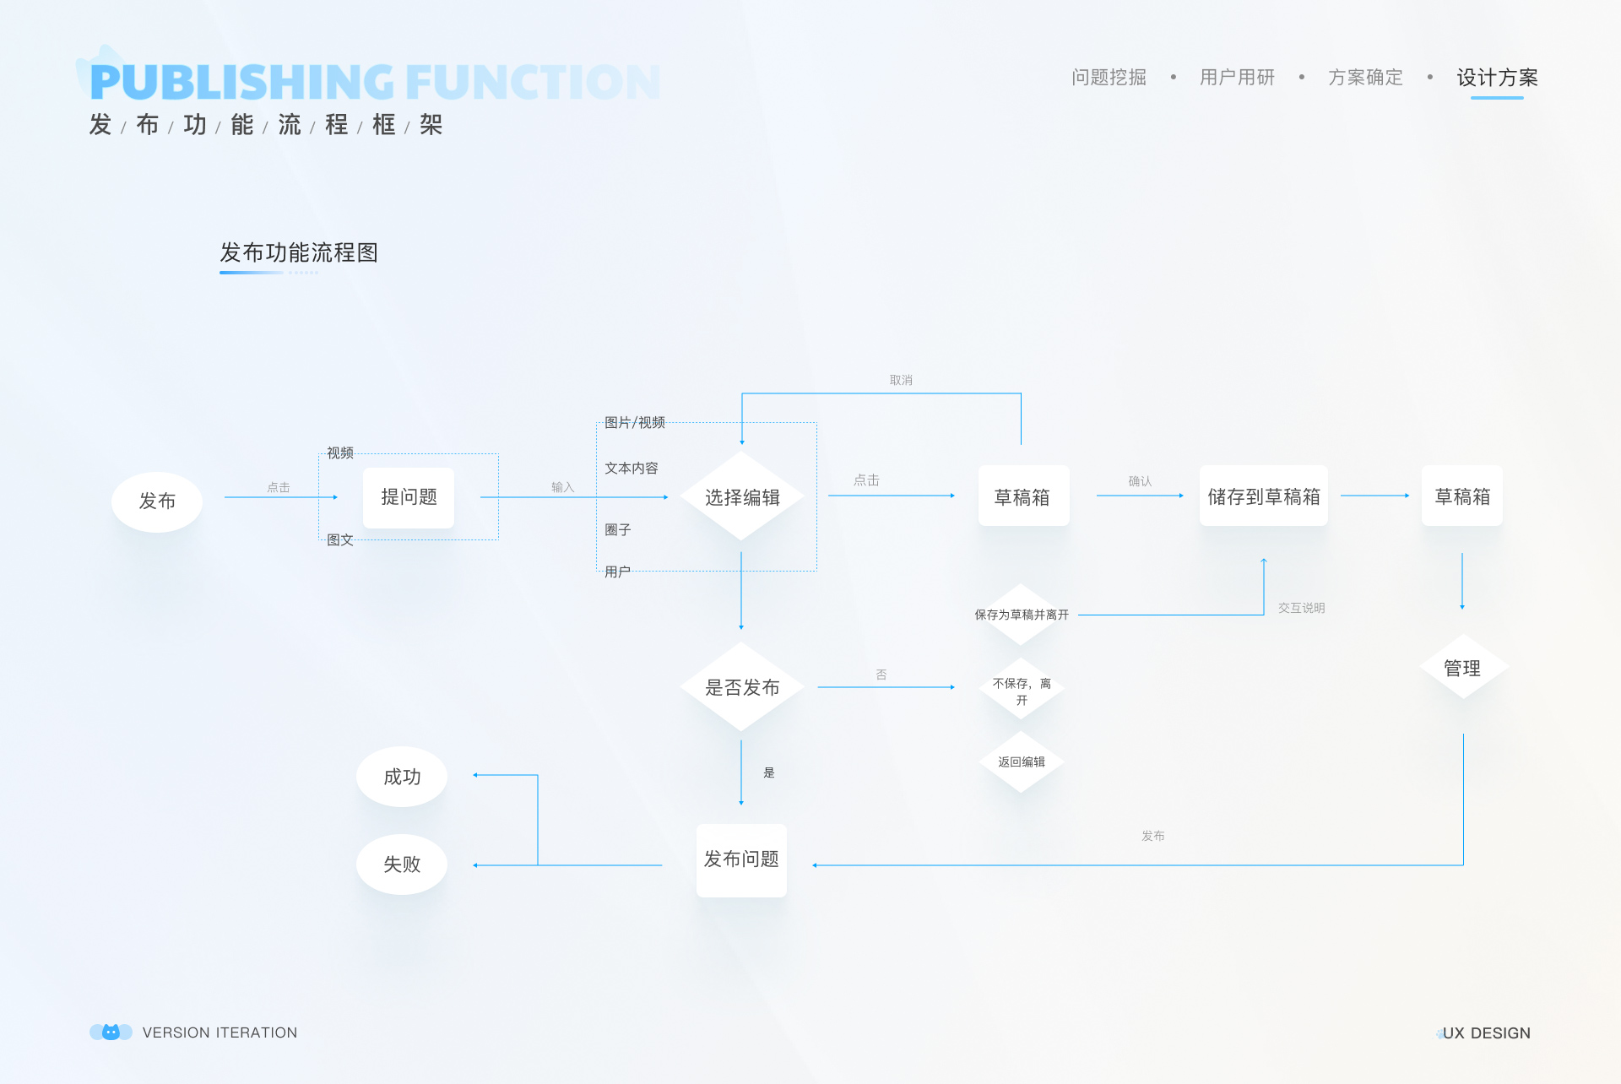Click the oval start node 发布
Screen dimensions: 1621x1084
157,501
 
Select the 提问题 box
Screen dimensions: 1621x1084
409,497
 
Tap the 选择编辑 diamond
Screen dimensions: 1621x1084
741,496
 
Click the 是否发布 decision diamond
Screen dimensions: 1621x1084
741,686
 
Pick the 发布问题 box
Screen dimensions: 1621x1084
741,859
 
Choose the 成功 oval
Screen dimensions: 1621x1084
402,777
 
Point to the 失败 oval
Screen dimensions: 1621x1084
402,864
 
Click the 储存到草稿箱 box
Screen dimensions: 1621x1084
1264,496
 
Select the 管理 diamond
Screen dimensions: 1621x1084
1462,667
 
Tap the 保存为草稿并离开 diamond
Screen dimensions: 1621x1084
1022,615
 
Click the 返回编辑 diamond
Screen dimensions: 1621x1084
1022,762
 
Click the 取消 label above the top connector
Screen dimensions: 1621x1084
901,380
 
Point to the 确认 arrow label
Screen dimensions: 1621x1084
1140,481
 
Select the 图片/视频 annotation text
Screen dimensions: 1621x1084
635,422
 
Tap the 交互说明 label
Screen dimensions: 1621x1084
1301,608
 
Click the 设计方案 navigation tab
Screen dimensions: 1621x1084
1497,78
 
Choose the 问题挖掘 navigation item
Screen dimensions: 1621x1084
1109,78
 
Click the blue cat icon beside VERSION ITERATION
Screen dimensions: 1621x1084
111,1032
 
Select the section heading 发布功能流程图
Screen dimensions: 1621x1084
299,252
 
